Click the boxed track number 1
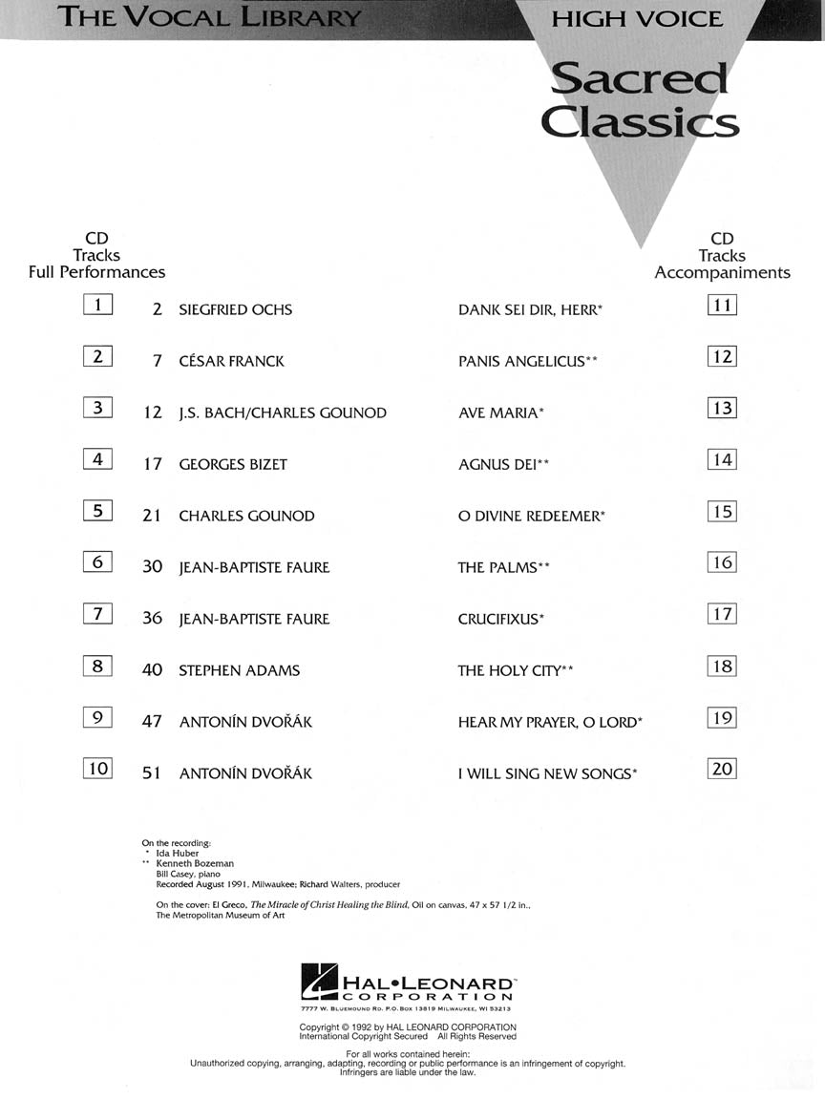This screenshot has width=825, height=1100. click(x=97, y=306)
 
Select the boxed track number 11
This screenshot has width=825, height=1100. click(x=722, y=306)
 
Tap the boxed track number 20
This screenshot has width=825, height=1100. click(x=722, y=769)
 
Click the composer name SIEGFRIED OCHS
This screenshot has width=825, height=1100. click(x=235, y=310)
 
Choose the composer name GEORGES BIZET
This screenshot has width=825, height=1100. click(x=233, y=465)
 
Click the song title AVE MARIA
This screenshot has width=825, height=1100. click(x=497, y=413)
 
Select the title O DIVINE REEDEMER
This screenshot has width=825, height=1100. click(x=528, y=517)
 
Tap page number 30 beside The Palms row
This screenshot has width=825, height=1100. click(x=153, y=567)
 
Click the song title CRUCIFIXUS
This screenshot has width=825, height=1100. click(x=497, y=620)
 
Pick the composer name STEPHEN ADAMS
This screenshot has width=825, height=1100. click(x=239, y=671)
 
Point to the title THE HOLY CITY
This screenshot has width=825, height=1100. click(x=509, y=671)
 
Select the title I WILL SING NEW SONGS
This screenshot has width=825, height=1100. click(x=544, y=774)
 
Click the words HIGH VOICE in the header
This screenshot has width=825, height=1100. click(x=637, y=18)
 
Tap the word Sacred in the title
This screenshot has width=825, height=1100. click(x=639, y=78)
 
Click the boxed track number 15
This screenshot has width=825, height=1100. click(x=722, y=512)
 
